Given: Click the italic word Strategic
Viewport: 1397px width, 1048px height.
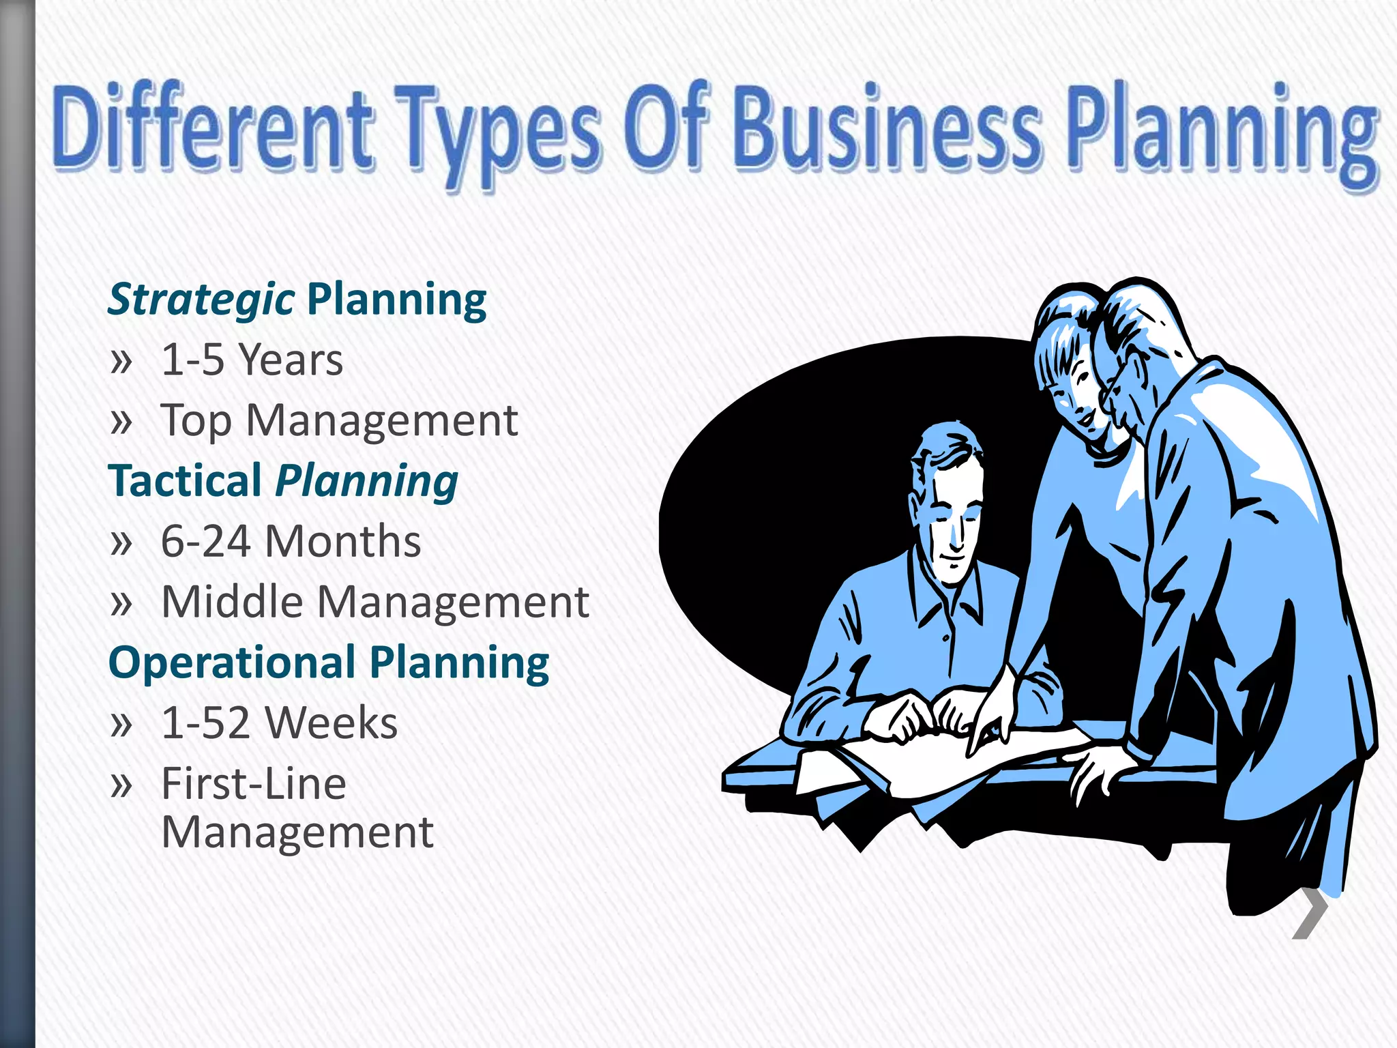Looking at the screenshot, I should [201, 300].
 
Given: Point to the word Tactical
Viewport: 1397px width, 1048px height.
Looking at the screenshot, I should [185, 480].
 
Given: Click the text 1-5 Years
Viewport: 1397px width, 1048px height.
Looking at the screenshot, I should [252, 360].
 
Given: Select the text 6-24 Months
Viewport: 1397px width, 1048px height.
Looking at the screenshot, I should [291, 542].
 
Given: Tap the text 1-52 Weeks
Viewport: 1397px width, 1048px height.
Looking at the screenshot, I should [279, 723].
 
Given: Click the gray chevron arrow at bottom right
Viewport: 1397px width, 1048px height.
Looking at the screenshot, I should [1310, 914].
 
